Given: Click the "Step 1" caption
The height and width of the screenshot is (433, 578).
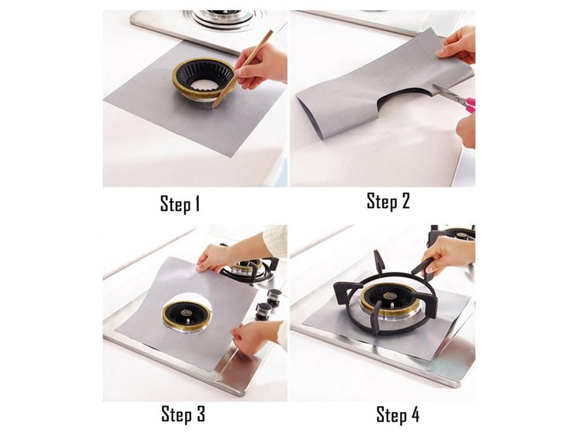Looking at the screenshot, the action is click(180, 203).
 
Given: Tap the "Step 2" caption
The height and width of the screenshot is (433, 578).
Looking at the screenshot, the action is click(388, 201).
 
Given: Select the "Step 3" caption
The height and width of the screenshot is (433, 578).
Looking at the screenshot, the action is click(183, 414).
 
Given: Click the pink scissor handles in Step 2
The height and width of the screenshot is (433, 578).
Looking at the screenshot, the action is click(470, 104).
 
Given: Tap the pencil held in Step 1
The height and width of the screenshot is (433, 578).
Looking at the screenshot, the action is click(242, 69).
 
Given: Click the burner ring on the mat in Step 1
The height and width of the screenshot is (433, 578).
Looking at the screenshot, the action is click(203, 79).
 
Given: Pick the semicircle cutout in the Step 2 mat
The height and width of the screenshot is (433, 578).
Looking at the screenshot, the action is click(405, 99).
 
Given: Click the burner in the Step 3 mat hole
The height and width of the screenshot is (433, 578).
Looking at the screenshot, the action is click(187, 315).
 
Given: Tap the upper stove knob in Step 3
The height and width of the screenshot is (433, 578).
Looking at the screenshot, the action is click(274, 297).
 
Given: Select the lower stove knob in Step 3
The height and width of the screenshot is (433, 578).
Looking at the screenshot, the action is click(264, 310).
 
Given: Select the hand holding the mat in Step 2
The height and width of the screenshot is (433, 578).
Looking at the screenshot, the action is click(457, 44).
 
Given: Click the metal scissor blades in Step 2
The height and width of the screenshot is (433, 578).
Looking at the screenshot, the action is click(448, 93).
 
